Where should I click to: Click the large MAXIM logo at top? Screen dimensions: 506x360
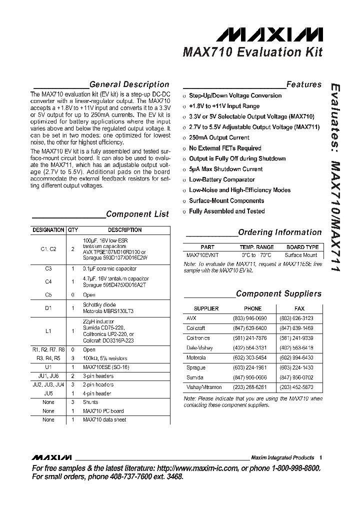click(269, 34)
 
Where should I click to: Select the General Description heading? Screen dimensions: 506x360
click(129, 84)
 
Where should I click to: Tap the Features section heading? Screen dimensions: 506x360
click(304, 84)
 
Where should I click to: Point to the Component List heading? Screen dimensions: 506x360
click(137, 214)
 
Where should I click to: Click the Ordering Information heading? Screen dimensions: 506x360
click(279, 232)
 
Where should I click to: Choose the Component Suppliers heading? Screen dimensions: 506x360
click(278, 293)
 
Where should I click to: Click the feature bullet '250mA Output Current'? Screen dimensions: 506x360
click(219, 137)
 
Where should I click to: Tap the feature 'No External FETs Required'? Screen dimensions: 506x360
click(225, 148)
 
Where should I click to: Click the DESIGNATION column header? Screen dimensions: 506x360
click(48, 230)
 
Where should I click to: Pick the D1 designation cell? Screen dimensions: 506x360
click(48, 308)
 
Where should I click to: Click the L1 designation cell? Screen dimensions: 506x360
click(48, 330)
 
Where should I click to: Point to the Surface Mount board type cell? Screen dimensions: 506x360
click(300, 255)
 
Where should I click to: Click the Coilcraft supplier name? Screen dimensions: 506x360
click(196, 328)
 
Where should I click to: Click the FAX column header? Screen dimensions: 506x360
click(299, 308)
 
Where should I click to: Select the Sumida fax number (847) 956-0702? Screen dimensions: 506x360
click(299, 377)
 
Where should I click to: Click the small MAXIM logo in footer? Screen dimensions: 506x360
click(51, 457)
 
